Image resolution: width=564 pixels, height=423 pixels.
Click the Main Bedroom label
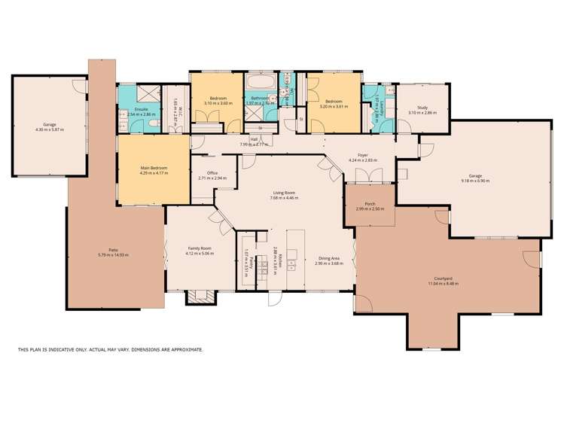[x=153, y=168]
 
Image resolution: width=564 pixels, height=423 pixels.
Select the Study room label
[x=417, y=108]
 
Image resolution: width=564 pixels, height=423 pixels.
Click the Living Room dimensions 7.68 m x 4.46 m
[x=285, y=198]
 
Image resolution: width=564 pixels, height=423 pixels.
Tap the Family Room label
[x=200, y=248]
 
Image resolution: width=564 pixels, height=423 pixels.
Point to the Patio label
[x=113, y=251]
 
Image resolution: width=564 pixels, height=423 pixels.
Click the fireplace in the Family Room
[x=200, y=296]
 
